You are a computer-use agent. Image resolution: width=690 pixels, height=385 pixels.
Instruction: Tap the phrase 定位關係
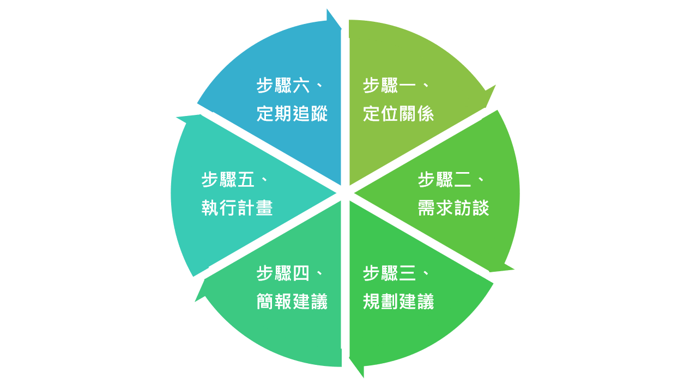[398, 114]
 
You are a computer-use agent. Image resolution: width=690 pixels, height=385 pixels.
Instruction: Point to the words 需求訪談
[453, 207]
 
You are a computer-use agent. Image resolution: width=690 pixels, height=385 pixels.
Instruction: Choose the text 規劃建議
[398, 301]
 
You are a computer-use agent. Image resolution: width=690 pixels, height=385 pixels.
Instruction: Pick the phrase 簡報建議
[292, 301]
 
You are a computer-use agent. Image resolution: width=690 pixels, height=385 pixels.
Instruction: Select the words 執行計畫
[237, 207]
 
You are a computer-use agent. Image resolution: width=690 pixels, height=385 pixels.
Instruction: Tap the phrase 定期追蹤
[292, 114]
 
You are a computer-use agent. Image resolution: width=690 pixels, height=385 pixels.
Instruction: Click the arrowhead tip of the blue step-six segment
[341, 29]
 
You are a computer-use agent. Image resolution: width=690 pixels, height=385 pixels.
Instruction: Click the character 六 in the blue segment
[301, 85]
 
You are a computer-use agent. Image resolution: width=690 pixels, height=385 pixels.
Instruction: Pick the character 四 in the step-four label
[301, 273]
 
